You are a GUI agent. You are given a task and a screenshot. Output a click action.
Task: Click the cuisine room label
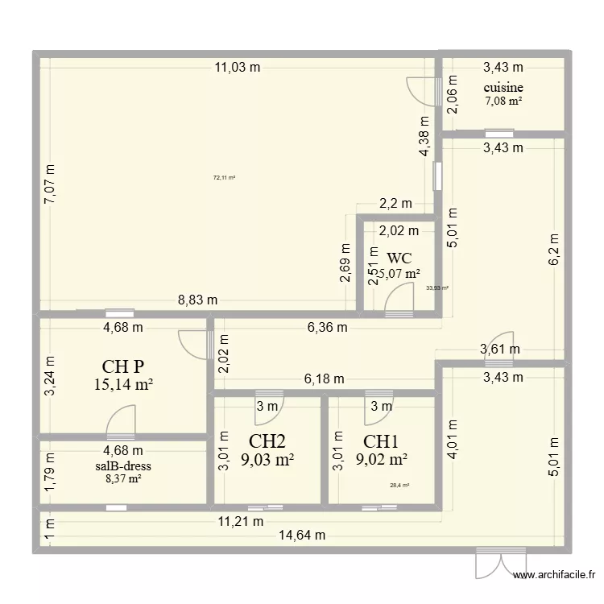(x=503, y=88)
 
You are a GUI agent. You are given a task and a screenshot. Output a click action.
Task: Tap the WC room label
(x=399, y=259)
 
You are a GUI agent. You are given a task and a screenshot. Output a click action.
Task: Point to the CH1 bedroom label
(x=381, y=441)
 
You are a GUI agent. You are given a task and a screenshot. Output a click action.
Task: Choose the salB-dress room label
(x=122, y=465)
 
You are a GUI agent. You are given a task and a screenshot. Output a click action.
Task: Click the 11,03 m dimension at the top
(x=237, y=68)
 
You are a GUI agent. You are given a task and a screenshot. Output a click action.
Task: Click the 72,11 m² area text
(x=224, y=178)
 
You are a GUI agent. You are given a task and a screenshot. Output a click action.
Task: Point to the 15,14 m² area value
(x=123, y=385)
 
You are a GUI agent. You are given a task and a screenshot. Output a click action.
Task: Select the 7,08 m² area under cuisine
(x=503, y=101)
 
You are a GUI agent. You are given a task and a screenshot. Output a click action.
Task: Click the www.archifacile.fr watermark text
(x=555, y=575)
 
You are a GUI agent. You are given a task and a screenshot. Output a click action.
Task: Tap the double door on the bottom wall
(x=500, y=562)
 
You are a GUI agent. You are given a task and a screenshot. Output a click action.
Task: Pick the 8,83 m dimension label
(x=197, y=300)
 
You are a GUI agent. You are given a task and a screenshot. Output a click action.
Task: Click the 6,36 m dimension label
(x=327, y=327)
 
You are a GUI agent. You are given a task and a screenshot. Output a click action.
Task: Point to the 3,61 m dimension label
(x=500, y=349)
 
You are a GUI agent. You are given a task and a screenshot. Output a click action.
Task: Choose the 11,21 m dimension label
(x=241, y=521)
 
